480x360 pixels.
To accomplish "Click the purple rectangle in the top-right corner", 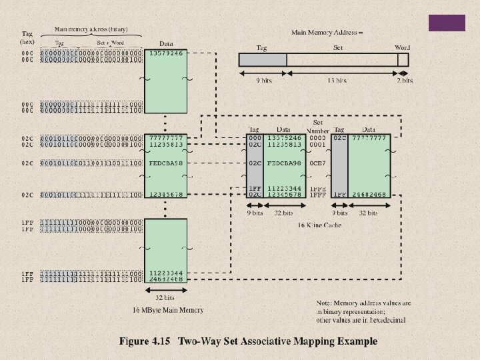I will (x=446, y=23).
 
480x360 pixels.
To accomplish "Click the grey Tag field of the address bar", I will (x=263, y=59).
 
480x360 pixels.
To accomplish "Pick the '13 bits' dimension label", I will (x=337, y=81).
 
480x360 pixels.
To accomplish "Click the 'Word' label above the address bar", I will (x=403, y=47).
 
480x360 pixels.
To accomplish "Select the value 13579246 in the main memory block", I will (x=166, y=53).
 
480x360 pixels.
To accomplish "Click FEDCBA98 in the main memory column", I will (x=166, y=162).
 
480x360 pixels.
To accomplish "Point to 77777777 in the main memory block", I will (x=166, y=137).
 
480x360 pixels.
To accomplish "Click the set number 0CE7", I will (x=318, y=162).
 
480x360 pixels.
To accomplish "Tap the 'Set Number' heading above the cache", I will (x=318, y=127).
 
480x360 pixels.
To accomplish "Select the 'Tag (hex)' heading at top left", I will (x=27, y=37).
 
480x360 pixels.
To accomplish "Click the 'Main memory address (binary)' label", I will (x=91, y=29).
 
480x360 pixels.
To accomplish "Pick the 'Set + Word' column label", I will (x=111, y=42).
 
